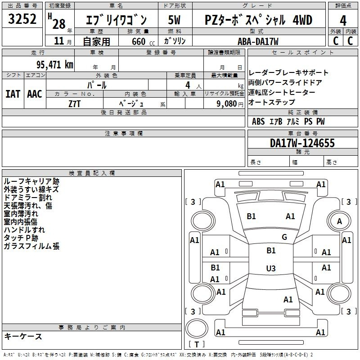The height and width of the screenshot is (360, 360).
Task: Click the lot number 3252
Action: coord(22,20)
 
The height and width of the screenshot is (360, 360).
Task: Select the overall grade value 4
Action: coord(343,20)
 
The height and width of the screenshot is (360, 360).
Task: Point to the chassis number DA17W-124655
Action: coord(302,144)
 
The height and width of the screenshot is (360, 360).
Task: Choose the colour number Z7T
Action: coord(75,103)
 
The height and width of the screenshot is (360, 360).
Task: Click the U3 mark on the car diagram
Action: coord(270,269)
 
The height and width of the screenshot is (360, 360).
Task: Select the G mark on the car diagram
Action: coord(284,237)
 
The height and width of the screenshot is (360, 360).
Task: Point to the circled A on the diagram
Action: coord(340,221)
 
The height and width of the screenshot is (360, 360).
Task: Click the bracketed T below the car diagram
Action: coord(197,345)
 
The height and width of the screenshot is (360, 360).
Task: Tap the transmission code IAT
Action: coord(13,94)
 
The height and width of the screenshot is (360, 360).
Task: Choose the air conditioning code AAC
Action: coord(35,94)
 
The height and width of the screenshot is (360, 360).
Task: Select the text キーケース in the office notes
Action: coord(23,336)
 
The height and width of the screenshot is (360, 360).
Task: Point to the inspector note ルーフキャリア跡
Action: coord(31,181)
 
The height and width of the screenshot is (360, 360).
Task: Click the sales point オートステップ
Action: coord(272,102)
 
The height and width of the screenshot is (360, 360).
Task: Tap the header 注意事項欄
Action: coord(123,134)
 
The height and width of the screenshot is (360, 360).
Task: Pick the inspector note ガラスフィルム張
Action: coord(31,246)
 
